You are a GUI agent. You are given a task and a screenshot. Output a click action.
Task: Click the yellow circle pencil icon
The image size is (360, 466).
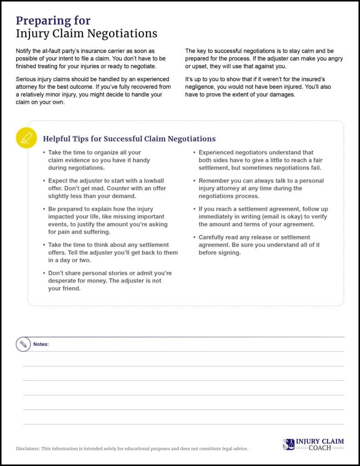(x=26, y=137)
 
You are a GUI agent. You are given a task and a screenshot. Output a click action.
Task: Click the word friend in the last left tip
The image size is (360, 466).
(x=70, y=289)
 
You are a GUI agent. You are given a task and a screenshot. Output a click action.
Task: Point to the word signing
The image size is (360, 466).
(x=228, y=253)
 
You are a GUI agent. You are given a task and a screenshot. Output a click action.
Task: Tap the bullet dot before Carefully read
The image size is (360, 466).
(x=194, y=238)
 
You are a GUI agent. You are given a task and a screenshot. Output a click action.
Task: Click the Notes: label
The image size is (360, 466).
(x=41, y=344)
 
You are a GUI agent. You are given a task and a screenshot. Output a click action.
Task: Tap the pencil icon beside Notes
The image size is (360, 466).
(x=23, y=344)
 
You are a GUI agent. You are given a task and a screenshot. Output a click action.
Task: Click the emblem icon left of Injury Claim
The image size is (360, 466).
(x=289, y=445)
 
